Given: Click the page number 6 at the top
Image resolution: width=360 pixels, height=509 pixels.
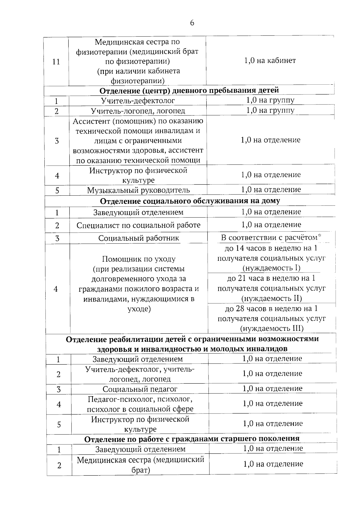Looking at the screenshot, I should (x=192, y=23).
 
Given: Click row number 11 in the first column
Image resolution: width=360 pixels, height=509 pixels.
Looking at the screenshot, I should (x=56, y=62).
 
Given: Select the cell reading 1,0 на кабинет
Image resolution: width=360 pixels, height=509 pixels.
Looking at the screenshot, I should (x=270, y=61).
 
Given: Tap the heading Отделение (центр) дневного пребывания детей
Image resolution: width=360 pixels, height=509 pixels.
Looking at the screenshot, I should (x=189, y=90).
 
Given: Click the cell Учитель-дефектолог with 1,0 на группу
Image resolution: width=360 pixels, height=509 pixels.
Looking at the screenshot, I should (x=138, y=101).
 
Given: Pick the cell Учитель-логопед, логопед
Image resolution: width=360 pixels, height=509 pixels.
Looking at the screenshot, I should (x=138, y=111).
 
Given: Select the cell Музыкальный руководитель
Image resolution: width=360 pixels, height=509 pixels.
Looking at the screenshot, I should (x=138, y=190).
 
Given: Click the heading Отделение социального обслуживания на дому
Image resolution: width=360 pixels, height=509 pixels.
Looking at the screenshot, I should (x=190, y=201).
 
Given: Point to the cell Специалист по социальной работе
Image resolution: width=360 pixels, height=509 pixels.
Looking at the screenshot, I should (x=138, y=225).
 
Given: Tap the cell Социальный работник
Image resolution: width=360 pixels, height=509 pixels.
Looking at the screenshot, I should (x=139, y=238).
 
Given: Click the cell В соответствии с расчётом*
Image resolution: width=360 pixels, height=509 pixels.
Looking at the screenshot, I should (x=271, y=238).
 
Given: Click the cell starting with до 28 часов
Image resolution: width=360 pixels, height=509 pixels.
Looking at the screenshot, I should (x=271, y=318).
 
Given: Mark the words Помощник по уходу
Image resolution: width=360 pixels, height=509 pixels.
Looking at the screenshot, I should (x=139, y=259).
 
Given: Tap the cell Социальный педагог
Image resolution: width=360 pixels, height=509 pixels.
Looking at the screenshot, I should (x=140, y=389).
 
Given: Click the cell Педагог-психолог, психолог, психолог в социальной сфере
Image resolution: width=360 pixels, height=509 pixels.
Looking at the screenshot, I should (x=140, y=404).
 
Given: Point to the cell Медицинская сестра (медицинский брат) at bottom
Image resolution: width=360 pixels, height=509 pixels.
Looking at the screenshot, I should (x=140, y=465).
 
